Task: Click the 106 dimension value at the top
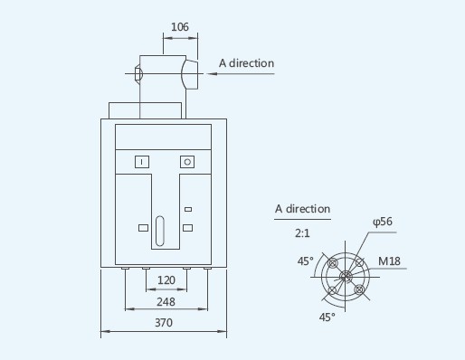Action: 180,27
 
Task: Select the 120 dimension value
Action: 166,280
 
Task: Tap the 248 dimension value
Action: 166,301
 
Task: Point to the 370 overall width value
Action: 164,323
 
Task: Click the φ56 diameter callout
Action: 383,222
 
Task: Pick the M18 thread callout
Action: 389,261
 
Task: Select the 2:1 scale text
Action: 302,233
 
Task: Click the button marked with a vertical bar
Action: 142,162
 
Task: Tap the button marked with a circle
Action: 187,162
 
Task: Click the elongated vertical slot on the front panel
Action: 160,231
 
